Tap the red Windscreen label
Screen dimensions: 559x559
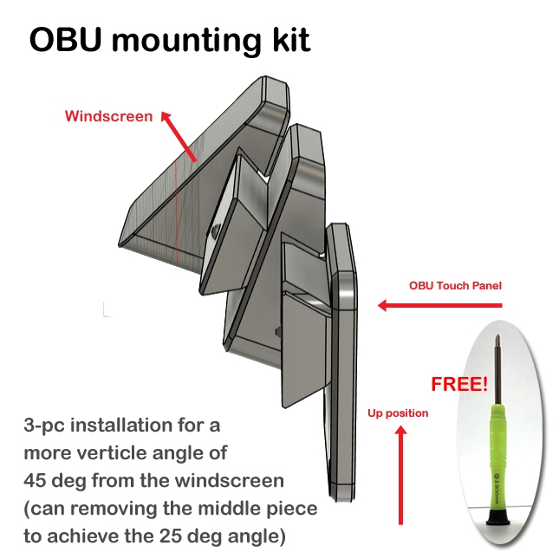click(x=108, y=116)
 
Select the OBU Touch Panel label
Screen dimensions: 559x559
click(x=455, y=285)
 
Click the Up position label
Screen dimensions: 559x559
click(x=398, y=413)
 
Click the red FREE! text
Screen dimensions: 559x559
click(x=459, y=383)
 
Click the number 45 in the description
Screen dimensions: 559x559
click(x=37, y=481)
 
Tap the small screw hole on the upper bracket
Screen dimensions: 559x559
click(x=213, y=231)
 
